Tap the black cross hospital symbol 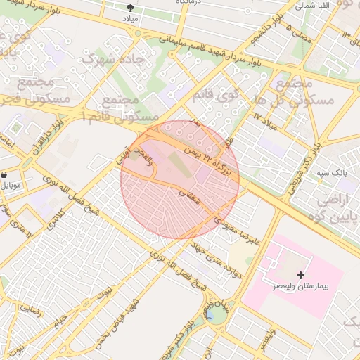(x=302, y=274)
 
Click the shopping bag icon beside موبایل (x=4, y=174)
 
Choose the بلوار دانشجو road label (x=271, y=26)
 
